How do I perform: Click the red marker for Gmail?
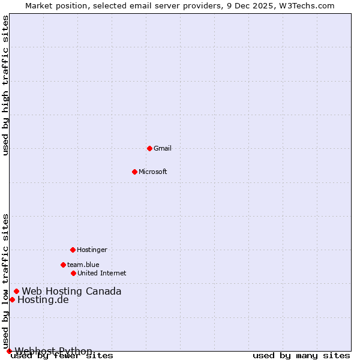[x=149, y=148]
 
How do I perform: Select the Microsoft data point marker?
[x=134, y=172]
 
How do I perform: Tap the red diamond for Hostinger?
[x=73, y=250]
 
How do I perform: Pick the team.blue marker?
[x=63, y=265]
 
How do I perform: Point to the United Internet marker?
[x=73, y=273]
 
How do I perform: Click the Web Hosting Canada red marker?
[x=16, y=292]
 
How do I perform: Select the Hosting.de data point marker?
[x=12, y=299]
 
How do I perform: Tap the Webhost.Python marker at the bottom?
[x=9, y=351]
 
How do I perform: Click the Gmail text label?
[x=162, y=148]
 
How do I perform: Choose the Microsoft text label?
[x=152, y=172]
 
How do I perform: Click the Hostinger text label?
[x=92, y=250]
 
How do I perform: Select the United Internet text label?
[x=101, y=273]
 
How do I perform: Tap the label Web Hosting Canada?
[x=71, y=292]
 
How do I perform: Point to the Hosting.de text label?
[x=43, y=300]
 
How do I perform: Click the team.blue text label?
[x=83, y=265]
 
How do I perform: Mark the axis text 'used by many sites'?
[x=301, y=355]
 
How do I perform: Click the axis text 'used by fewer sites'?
[x=62, y=356]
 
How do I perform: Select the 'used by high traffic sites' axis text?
[x=6, y=86]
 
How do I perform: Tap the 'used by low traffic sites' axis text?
[x=6, y=281]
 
